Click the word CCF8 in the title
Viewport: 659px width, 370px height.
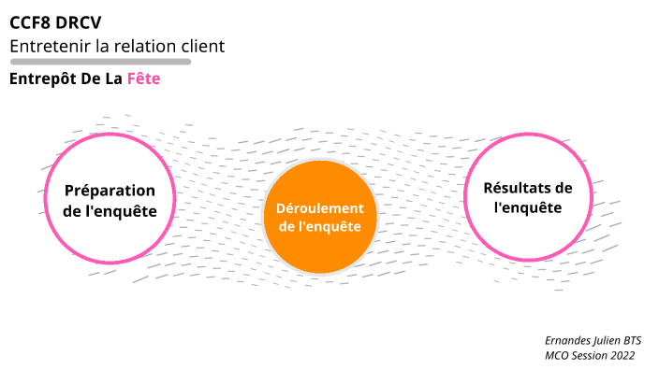click(34, 23)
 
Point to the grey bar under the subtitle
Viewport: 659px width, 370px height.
click(100, 62)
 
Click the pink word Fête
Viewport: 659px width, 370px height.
click(143, 79)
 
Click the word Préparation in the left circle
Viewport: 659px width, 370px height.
click(110, 191)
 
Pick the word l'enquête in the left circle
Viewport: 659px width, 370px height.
click(130, 211)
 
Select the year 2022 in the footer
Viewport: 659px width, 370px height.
click(622, 356)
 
